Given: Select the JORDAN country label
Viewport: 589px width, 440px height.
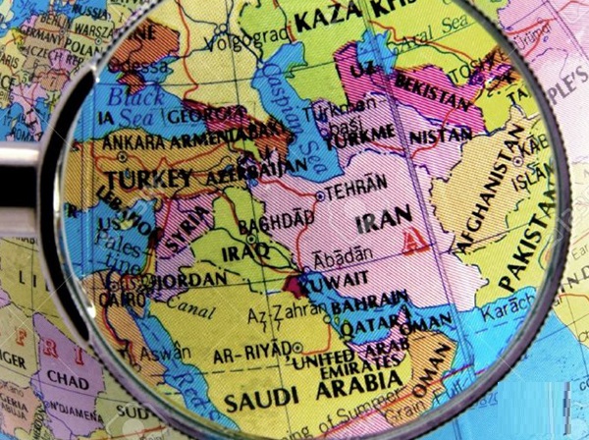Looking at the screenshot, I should pyautogui.click(x=181, y=277).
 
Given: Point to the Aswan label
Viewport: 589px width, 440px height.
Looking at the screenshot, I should pyautogui.click(x=159, y=352).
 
